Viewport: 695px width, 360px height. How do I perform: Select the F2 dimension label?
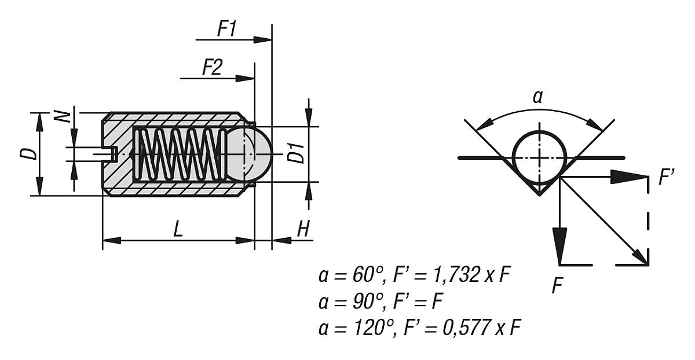click(211, 68)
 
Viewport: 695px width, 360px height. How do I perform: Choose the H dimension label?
click(303, 230)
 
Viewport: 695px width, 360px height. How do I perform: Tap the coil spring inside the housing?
click(180, 154)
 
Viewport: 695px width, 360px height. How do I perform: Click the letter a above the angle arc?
click(537, 97)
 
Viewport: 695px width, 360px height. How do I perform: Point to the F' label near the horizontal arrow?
click(665, 178)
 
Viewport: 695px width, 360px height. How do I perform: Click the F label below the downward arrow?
click(557, 285)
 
